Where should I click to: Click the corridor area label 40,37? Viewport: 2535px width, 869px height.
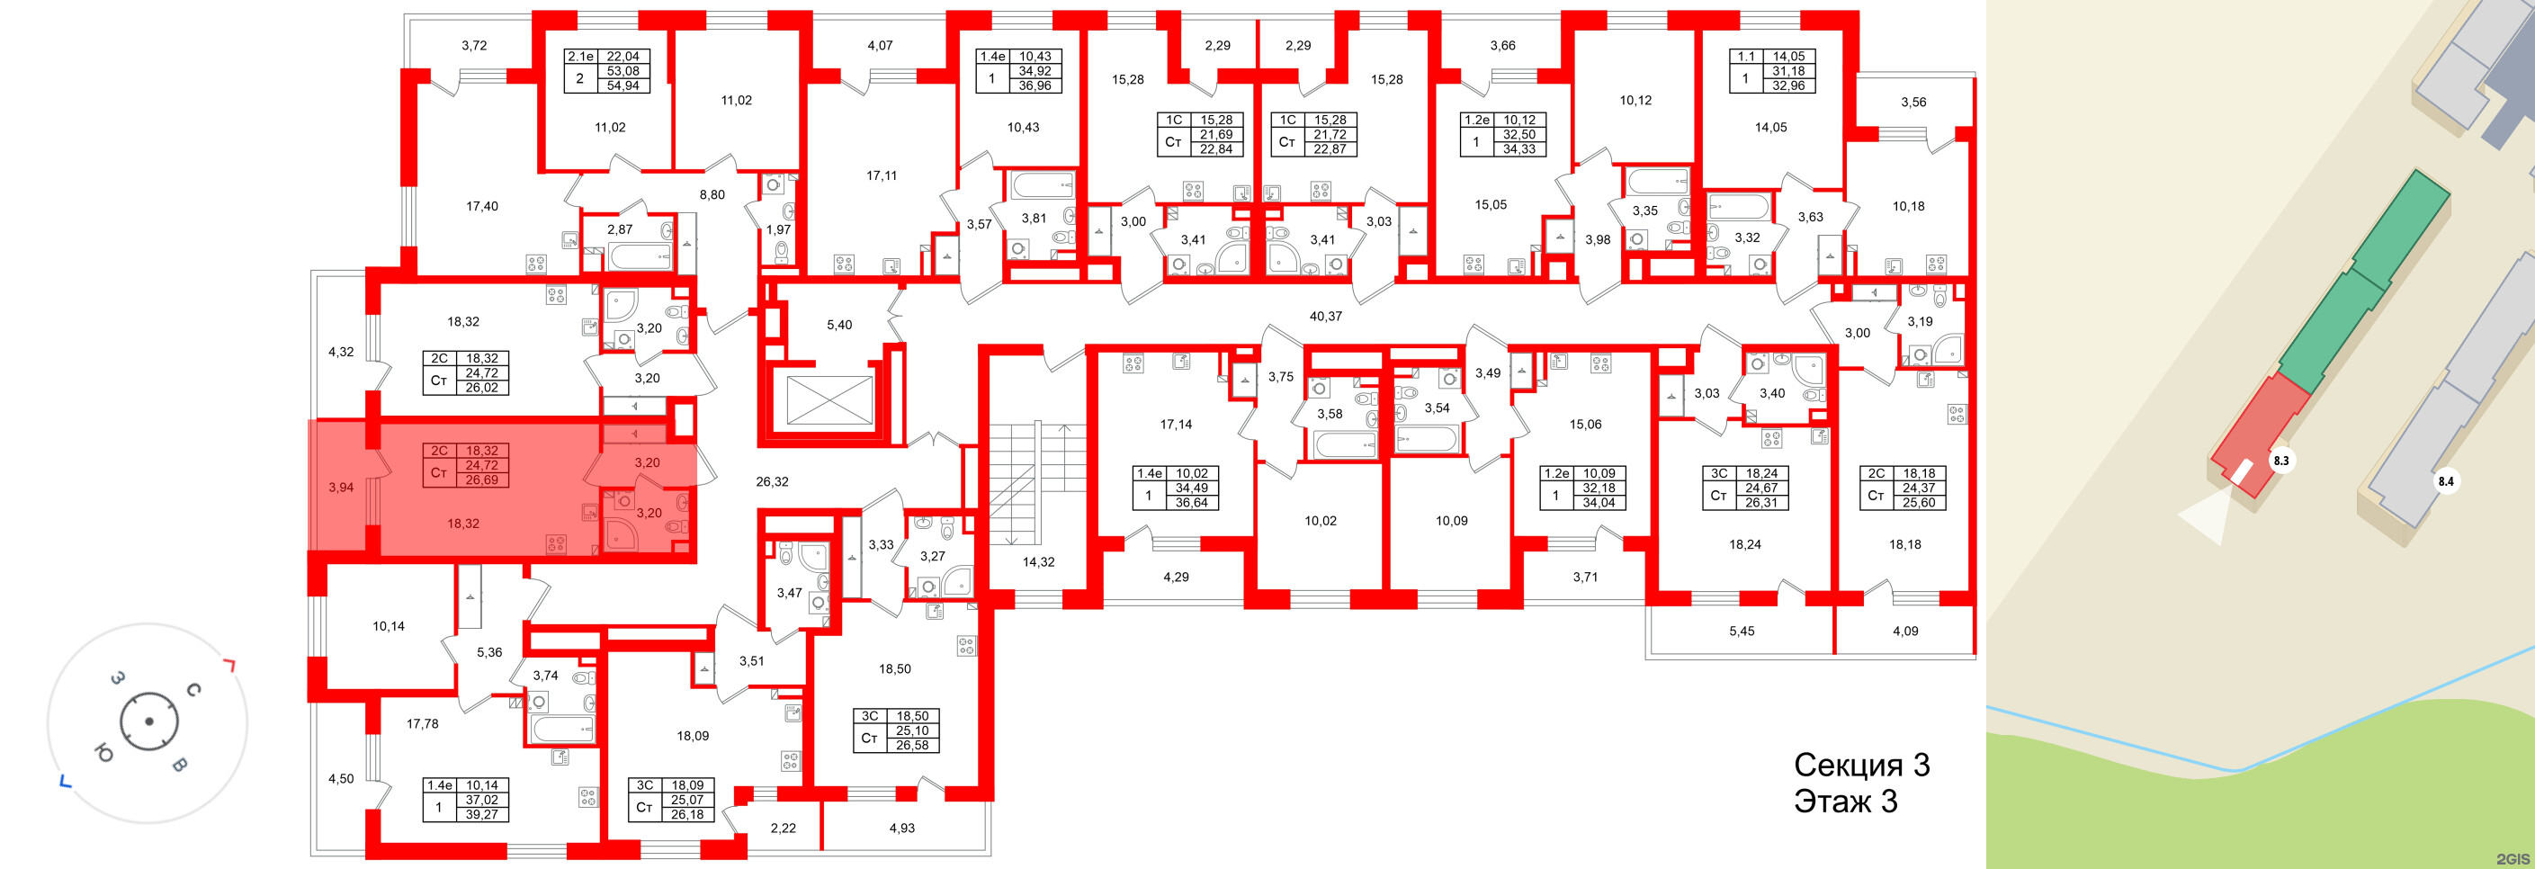(1324, 316)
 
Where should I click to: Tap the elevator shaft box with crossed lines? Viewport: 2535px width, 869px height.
(830, 400)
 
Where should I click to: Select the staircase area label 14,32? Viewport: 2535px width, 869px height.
(1038, 562)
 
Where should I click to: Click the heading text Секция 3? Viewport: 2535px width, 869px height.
(1861, 765)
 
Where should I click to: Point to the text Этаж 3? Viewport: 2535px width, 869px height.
(1845, 802)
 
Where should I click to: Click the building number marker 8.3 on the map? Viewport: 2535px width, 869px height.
(2281, 460)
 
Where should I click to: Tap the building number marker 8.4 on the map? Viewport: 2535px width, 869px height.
(2445, 481)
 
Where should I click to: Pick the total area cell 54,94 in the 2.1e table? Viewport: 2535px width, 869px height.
(622, 85)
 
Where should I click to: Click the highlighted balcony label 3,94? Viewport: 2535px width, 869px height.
(341, 488)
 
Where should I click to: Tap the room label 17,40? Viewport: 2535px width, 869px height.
(481, 206)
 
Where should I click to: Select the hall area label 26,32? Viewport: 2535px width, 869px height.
(772, 481)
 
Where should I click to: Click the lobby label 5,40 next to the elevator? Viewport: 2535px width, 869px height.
(838, 325)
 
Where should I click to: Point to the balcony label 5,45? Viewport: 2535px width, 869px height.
(1741, 631)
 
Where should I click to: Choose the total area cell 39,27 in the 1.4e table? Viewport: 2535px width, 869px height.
(481, 814)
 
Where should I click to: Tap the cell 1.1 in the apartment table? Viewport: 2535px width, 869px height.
(1746, 56)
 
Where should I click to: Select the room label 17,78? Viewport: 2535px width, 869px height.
(422, 723)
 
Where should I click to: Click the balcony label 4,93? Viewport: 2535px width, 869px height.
(901, 828)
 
